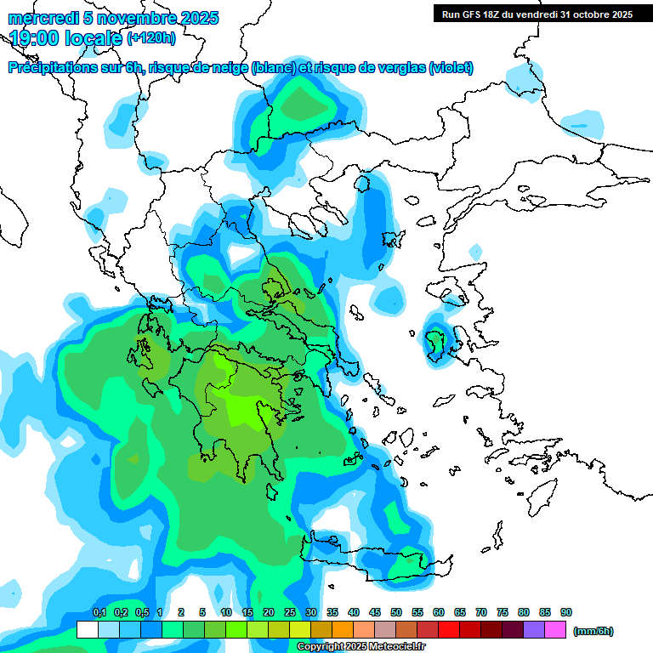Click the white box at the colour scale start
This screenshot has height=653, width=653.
87,629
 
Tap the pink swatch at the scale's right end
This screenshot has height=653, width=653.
555,629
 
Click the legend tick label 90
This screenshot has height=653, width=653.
566,612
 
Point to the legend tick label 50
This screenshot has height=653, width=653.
396,612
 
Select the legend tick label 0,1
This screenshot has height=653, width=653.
99,612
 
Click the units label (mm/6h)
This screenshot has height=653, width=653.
593,631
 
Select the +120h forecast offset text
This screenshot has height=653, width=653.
151,37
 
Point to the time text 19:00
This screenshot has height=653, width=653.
39,37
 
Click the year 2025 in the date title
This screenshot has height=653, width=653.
197,18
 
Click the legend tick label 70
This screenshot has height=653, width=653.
481,612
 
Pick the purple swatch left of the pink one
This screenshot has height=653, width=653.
533,629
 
